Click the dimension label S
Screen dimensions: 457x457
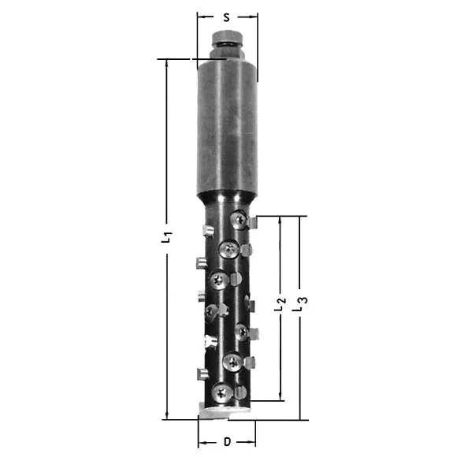pyautogui.click(x=226, y=17)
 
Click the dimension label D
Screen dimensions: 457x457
pyautogui.click(x=227, y=442)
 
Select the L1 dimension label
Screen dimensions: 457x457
pyautogui.click(x=166, y=237)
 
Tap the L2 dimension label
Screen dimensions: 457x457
pyautogui.click(x=280, y=304)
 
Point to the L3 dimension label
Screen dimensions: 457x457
pyautogui.click(x=300, y=304)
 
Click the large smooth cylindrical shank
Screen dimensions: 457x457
pyautogui.click(x=227, y=128)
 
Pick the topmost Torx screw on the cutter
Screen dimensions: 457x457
pyautogui.click(x=240, y=220)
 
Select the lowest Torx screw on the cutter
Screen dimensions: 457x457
pyautogui.click(x=222, y=393)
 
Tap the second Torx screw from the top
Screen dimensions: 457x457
pyautogui.click(x=229, y=249)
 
